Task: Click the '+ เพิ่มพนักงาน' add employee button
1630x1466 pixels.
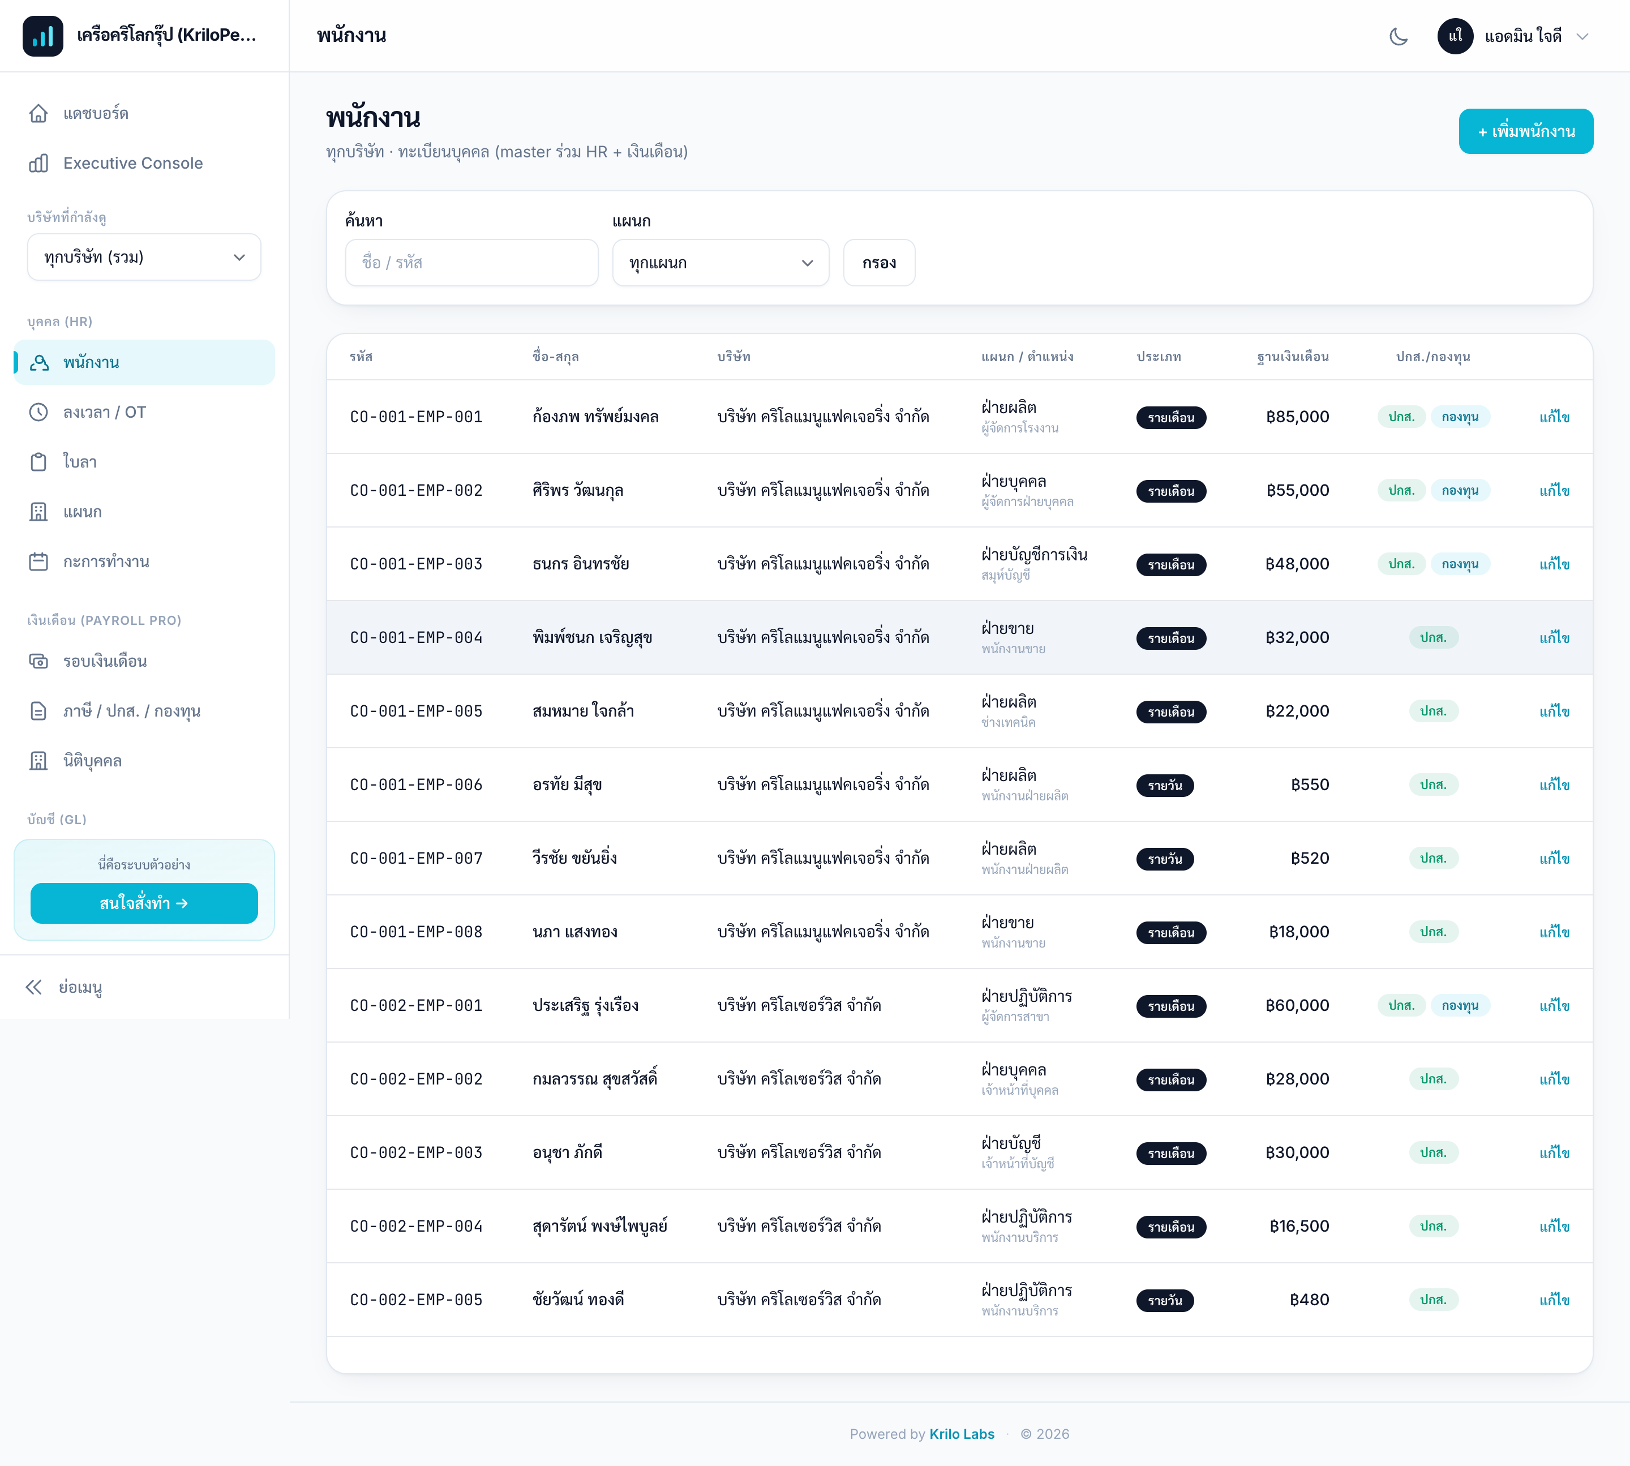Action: (x=1525, y=131)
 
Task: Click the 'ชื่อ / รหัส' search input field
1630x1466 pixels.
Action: (x=471, y=263)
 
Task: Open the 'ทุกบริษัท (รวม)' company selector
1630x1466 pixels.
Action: (x=144, y=257)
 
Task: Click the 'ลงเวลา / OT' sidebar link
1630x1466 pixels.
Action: (x=105, y=413)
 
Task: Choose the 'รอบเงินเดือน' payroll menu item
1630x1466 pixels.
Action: (x=105, y=661)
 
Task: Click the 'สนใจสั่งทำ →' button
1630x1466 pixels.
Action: (x=144, y=903)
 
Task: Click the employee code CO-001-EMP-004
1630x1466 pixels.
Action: (x=417, y=638)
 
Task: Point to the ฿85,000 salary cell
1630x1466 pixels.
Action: (x=1297, y=417)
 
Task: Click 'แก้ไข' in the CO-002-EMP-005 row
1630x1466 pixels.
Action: (x=1554, y=1299)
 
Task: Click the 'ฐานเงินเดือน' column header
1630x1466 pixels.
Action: (x=1293, y=357)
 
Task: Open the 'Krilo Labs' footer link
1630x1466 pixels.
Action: (x=962, y=1434)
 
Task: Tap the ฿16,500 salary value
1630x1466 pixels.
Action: (x=1299, y=1226)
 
